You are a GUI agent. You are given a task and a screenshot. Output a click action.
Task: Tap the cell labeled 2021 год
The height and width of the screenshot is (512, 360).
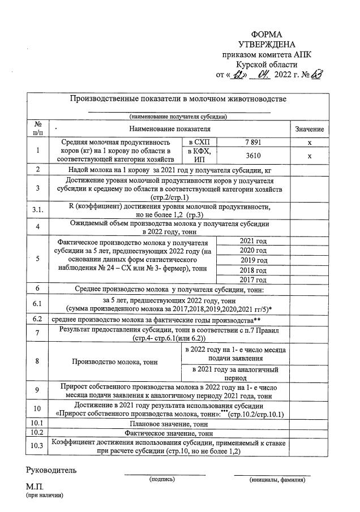pos(253,241)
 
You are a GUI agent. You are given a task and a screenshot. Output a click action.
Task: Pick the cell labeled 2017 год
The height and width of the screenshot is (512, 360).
pos(253,279)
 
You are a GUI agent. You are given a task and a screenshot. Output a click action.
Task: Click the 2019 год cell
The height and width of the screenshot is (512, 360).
pos(253,260)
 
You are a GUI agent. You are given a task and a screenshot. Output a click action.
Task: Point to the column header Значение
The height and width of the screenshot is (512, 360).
pos(310,130)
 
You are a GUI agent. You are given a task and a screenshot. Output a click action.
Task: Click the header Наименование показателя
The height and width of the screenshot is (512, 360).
pos(169,130)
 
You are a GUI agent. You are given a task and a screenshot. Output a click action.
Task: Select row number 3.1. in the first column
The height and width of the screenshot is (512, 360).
pos(37,210)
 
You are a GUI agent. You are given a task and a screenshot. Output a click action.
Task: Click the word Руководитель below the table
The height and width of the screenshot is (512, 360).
pos(51,470)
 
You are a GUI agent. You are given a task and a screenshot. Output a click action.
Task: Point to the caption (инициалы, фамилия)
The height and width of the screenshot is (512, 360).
pos(277,479)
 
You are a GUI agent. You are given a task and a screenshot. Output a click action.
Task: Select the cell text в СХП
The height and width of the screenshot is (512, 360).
pos(199,143)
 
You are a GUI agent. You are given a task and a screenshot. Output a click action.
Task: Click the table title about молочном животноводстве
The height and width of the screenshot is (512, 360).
pos(178,99)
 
